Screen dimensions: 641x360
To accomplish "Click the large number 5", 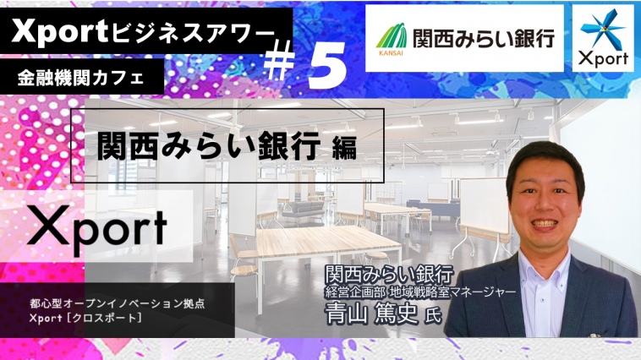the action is click(327, 65).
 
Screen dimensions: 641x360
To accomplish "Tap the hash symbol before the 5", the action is click(280, 60).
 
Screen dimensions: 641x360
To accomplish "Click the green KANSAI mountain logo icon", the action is click(391, 36).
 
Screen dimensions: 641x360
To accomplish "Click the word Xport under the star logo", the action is click(603, 59).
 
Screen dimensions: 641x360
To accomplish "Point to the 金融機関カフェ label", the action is click(80, 77).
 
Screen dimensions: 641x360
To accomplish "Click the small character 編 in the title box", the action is click(344, 148).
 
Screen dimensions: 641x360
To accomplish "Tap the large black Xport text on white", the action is click(97, 226).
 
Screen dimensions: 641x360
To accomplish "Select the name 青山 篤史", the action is click(371, 314).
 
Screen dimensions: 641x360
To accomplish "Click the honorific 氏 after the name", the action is click(432, 316).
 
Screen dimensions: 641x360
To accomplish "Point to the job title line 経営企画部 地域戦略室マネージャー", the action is click(420, 292).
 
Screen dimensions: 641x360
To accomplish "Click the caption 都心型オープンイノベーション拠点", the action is click(117, 303).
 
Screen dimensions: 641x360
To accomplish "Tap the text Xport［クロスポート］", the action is click(85, 318).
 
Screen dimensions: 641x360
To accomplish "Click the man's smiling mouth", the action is click(543, 225).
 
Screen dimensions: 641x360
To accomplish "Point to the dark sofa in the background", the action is click(303, 210).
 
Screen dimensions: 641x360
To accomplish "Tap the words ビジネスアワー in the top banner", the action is click(192, 32).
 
